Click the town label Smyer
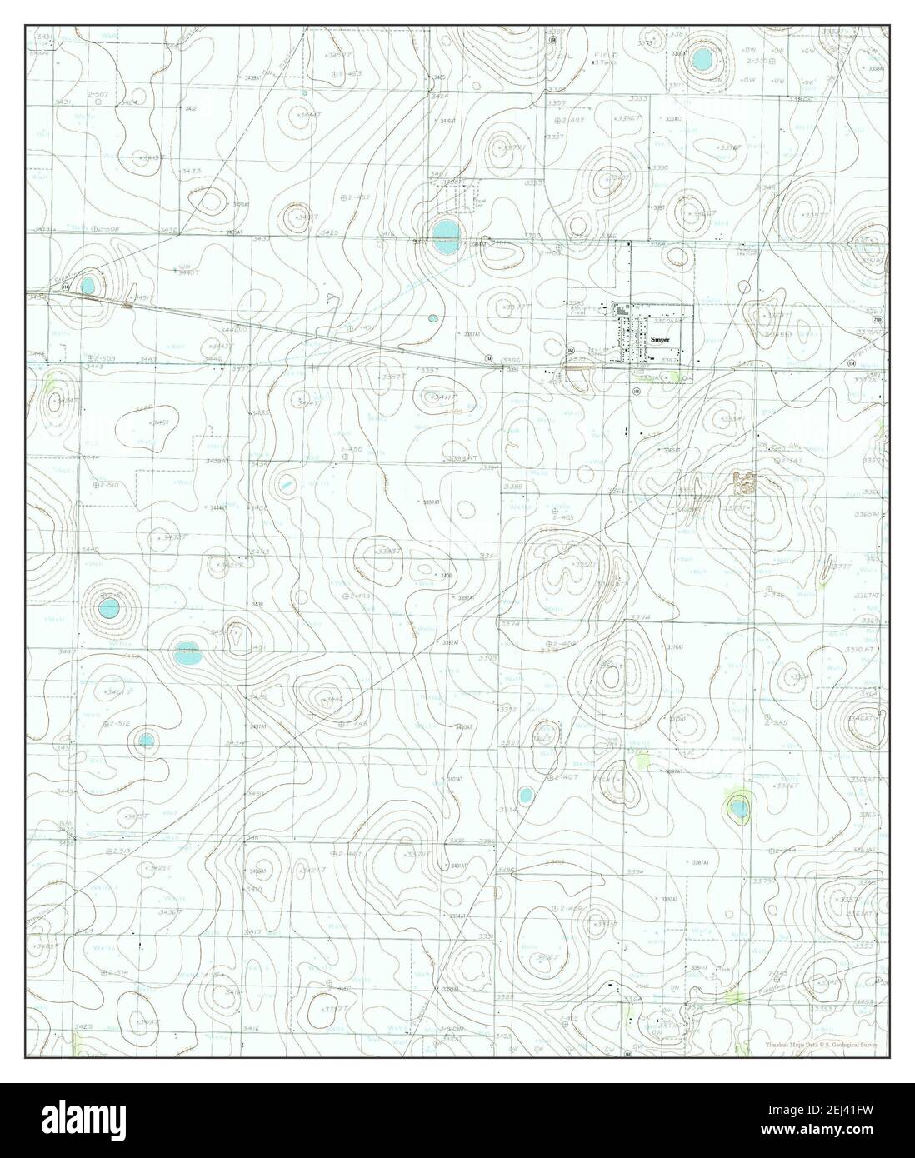pyautogui.click(x=660, y=341)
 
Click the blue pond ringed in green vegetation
pyautogui.click(x=738, y=806)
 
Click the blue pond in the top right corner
pyautogui.click(x=701, y=60)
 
